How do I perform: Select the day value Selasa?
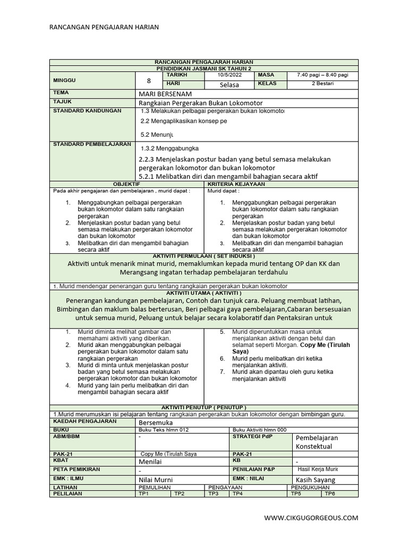[229, 85]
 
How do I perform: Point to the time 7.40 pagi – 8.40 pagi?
[322, 76]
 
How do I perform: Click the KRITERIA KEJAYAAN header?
[281, 184]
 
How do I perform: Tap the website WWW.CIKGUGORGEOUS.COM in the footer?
[311, 517]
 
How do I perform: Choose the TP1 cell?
[144, 494]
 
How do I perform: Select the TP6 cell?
[330, 494]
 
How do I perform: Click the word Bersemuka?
[156, 422]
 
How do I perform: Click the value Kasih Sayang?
[316, 480]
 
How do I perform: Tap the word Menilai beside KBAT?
[150, 462]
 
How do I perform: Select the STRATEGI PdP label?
[252, 436]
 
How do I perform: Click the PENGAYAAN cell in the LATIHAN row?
[226, 487]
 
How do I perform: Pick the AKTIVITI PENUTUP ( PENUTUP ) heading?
[203, 407]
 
